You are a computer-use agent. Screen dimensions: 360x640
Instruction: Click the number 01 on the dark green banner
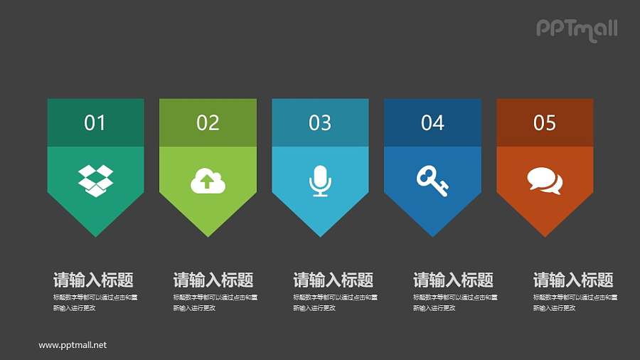[95, 123]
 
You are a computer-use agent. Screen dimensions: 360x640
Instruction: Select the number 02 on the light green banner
[208, 123]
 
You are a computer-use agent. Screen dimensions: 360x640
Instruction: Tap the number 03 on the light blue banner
[320, 123]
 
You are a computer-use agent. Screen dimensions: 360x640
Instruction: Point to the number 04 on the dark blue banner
[432, 123]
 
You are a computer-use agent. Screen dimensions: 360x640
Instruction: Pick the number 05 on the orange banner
[545, 123]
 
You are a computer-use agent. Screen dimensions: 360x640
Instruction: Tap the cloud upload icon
[208, 181]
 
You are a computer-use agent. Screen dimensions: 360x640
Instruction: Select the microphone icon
[320, 181]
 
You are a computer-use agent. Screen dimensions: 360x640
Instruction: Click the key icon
[432, 181]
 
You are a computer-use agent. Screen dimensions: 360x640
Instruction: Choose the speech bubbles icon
[545, 181]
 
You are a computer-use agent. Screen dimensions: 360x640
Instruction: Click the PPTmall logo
[576, 29]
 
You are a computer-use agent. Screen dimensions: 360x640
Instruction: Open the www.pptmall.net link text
[73, 345]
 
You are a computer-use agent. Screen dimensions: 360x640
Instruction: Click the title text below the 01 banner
[93, 280]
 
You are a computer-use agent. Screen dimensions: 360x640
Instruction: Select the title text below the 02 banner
[213, 280]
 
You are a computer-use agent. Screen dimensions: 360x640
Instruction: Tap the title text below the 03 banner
[333, 280]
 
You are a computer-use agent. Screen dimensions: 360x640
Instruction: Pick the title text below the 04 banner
[453, 280]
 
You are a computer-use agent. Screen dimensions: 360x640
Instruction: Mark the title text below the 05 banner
[573, 280]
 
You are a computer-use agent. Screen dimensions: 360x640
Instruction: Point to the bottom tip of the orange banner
[545, 234]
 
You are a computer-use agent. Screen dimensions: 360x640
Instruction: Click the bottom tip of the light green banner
[208, 234]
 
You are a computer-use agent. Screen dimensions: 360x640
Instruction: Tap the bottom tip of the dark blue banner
[432, 234]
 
